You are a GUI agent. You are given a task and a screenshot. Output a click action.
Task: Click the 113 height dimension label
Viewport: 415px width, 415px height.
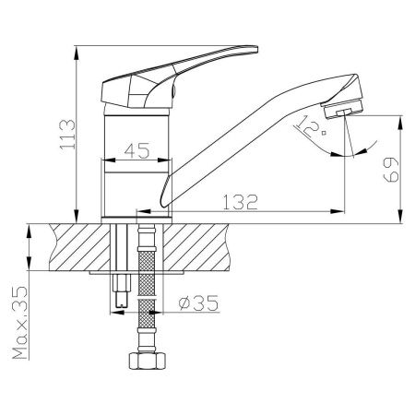coord(67,135)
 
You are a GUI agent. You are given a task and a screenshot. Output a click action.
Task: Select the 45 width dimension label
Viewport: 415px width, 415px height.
coord(136,150)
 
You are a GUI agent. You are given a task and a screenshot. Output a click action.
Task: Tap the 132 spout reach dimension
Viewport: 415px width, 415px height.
coord(240,202)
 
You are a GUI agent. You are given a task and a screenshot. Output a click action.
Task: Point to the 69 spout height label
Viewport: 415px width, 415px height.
coord(391,170)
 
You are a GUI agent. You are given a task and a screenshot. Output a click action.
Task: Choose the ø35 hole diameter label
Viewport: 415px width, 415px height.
coord(198,303)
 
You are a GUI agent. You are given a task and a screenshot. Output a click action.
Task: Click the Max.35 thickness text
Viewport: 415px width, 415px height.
coord(20,323)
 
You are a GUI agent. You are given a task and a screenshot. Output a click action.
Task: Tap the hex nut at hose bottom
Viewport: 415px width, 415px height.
coord(148,361)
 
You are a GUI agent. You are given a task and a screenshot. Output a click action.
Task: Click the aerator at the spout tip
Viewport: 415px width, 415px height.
coord(343,110)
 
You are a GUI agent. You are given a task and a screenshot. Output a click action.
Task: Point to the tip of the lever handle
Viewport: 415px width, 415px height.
coord(256,49)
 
